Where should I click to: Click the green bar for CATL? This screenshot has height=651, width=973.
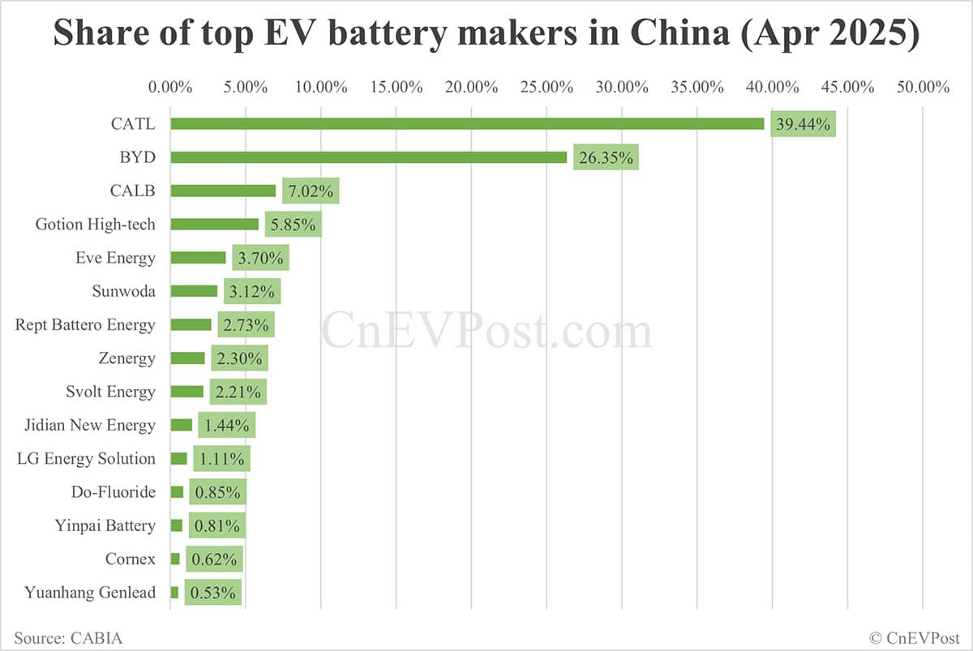(x=467, y=124)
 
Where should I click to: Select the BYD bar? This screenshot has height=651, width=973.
(x=369, y=157)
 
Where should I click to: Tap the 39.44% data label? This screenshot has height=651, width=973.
(x=803, y=124)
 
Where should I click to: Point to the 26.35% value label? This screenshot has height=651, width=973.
(x=606, y=157)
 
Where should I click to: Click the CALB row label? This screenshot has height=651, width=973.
(x=133, y=191)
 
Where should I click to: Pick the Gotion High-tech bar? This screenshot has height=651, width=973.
(x=214, y=225)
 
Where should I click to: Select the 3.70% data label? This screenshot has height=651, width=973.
(x=260, y=259)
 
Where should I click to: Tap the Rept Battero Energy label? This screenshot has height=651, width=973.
(x=85, y=325)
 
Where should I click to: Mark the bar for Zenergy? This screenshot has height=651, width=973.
(x=187, y=358)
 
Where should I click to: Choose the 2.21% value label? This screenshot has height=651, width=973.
(x=238, y=392)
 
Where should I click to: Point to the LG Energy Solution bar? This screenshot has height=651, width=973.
(x=178, y=459)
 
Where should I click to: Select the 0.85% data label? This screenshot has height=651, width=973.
(x=217, y=492)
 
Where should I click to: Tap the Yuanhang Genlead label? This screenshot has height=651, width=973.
(x=90, y=593)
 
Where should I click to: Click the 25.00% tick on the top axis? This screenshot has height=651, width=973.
(x=547, y=87)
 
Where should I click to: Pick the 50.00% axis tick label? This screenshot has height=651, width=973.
(x=923, y=87)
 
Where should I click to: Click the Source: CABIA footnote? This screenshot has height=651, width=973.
(x=68, y=638)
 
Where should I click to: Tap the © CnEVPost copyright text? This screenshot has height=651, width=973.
(x=915, y=638)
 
